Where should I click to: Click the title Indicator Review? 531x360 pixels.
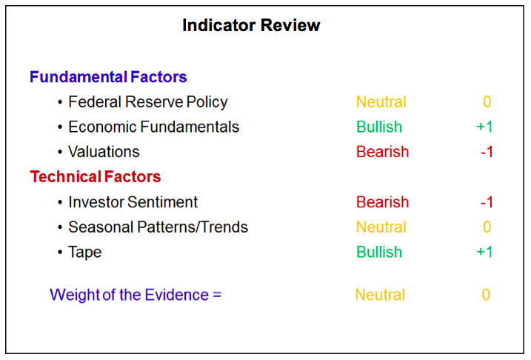coord(251,25)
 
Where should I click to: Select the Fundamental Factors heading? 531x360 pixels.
coord(108,77)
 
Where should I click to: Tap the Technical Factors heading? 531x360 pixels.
coord(96,176)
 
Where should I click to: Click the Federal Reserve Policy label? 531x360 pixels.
coord(148,102)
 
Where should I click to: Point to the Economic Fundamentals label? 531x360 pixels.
coord(154,127)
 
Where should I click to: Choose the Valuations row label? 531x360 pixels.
coord(104,152)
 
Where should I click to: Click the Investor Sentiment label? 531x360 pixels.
coord(133,201)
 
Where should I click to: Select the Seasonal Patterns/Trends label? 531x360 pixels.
coord(158,227)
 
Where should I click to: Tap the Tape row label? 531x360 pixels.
coord(85,253)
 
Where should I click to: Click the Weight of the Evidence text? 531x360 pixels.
coord(136,295)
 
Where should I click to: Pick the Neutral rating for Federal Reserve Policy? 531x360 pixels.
coord(381,102)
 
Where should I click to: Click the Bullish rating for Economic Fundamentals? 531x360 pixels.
coord(379,127)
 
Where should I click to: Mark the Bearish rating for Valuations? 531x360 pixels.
coord(383,152)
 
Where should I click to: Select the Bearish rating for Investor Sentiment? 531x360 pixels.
coord(383,202)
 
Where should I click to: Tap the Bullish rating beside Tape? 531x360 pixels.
coord(379,253)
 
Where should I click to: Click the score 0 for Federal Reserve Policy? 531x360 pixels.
coord(487,102)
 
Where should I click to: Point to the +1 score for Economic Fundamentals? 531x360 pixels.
coord(484,127)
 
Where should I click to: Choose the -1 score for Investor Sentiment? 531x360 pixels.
coord(487,202)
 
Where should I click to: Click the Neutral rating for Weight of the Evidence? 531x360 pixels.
coord(380,295)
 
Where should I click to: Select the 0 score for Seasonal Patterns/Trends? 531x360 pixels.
coord(487,227)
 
